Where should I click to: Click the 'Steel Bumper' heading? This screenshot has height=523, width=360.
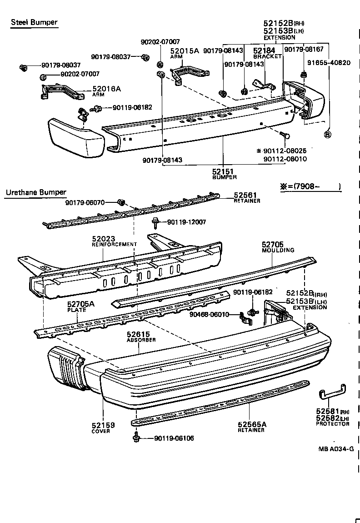click(x=34, y=22)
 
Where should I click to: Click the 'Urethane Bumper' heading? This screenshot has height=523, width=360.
click(x=36, y=192)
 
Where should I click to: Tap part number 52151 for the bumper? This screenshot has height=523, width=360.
click(x=222, y=171)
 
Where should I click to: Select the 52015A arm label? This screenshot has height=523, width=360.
click(x=185, y=51)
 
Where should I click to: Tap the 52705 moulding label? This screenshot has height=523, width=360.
click(x=273, y=244)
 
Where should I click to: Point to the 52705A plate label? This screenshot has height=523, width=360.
click(x=81, y=304)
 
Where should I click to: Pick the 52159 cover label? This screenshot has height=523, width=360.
click(x=103, y=425)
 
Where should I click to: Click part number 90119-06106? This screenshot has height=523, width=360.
click(x=174, y=438)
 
